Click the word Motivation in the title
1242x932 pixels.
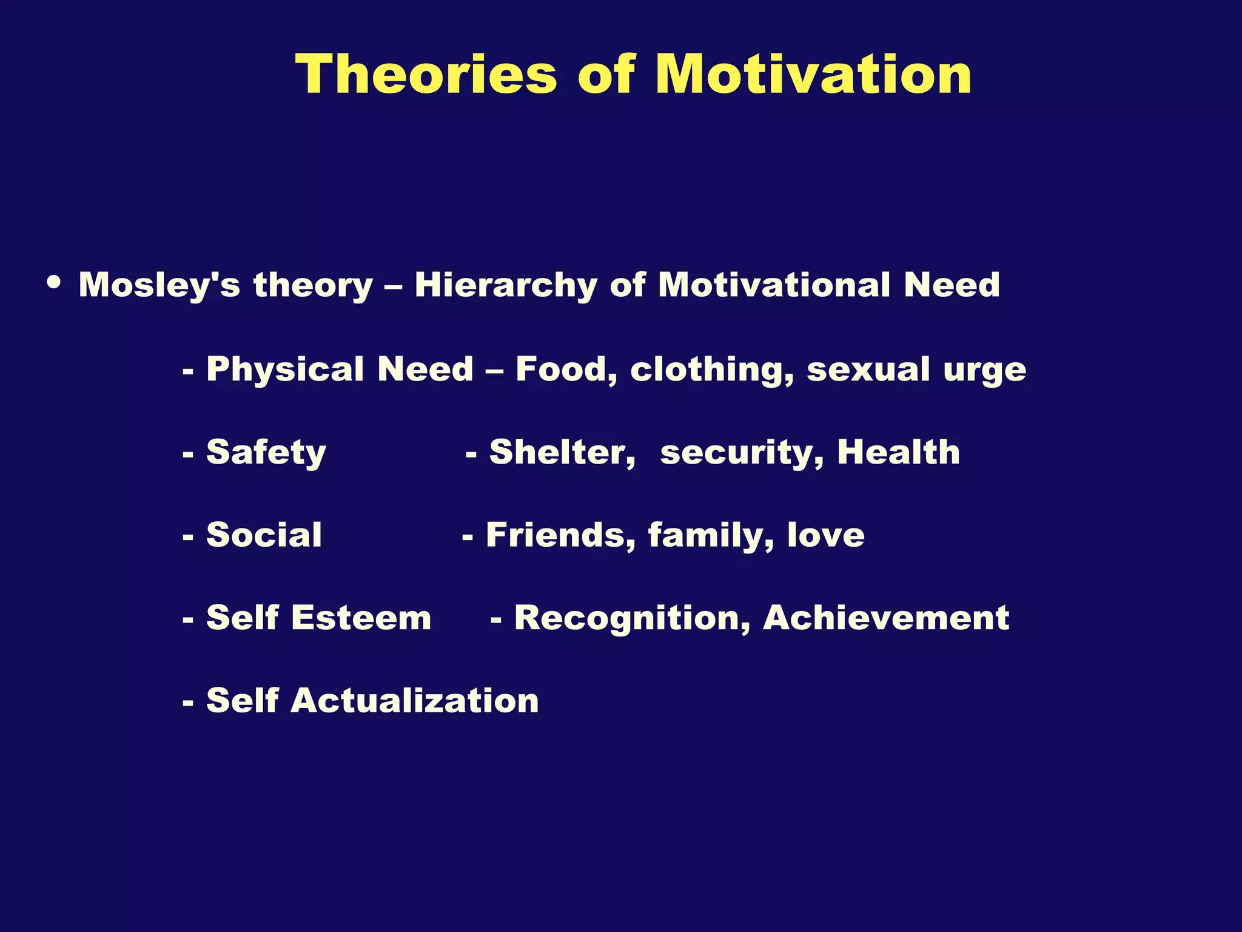click(813, 74)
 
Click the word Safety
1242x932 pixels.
click(266, 453)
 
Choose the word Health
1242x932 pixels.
click(898, 451)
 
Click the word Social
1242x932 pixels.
click(264, 535)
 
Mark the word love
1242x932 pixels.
click(825, 535)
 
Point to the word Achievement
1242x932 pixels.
click(885, 618)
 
